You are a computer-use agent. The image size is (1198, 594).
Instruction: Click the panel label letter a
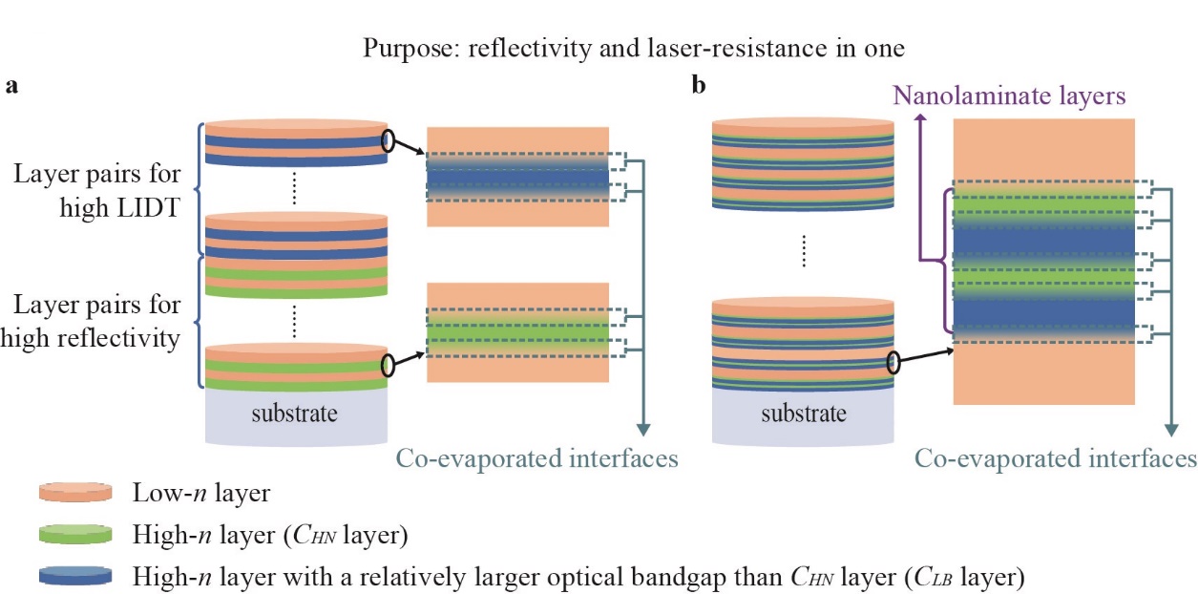pos(12,87)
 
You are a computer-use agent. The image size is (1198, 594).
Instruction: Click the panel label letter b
pos(700,87)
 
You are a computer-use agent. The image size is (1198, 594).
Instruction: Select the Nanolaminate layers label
pos(1010,95)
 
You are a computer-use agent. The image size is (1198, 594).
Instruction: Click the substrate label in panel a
pos(296,414)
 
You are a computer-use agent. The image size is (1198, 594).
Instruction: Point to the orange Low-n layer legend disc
pos(75,493)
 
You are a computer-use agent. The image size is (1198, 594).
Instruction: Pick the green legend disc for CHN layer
pos(75,536)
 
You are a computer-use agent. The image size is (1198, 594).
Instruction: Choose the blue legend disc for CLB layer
pos(75,577)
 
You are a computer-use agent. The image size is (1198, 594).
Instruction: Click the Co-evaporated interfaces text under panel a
pos(537,459)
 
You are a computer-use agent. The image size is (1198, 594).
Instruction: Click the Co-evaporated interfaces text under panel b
pos(1055,459)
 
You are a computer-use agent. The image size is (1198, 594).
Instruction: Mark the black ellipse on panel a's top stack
pos(388,141)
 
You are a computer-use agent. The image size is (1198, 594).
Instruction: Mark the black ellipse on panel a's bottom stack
pos(388,365)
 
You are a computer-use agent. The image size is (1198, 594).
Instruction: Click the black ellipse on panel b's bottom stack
pos(894,363)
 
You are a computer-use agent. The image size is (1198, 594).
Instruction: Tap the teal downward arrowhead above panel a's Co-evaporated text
pos(646,428)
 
